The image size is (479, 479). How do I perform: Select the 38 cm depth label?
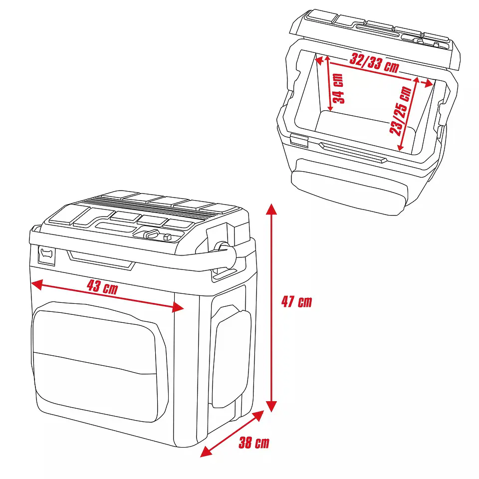253,443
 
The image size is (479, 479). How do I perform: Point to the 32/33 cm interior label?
374,63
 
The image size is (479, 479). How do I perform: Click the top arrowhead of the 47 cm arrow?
271,209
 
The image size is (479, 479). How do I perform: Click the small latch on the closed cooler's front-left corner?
46,255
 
